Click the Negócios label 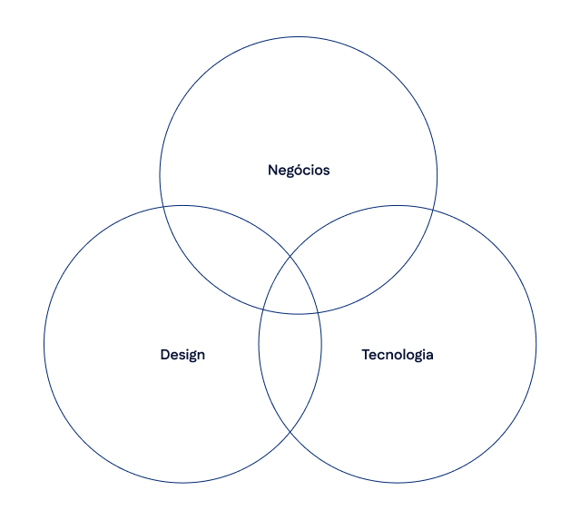click(299, 170)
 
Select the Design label click(182, 354)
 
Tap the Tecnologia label click(398, 354)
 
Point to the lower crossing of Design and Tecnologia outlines click(290, 432)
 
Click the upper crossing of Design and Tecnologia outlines click(290, 257)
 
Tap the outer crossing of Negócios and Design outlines click(164, 207)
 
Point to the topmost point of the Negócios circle click(299, 37)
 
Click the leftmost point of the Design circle click(44, 344)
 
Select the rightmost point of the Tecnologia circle click(536, 344)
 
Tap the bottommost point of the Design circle click(182, 483)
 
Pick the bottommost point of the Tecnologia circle click(398, 483)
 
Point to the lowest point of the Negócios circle click(299, 314)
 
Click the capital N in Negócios click(272, 170)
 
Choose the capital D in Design click(165, 354)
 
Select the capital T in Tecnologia click(366, 354)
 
